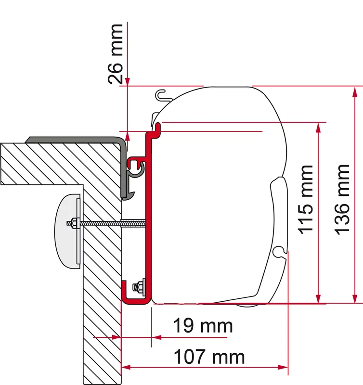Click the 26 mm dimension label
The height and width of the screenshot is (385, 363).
116,54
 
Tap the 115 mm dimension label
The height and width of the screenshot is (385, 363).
305,200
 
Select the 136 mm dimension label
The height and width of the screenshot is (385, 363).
342,200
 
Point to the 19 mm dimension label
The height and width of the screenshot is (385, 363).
203,326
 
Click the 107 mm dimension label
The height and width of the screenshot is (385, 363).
209,357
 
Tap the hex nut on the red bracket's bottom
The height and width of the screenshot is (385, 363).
138,286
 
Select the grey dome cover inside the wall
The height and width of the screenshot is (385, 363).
67,231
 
